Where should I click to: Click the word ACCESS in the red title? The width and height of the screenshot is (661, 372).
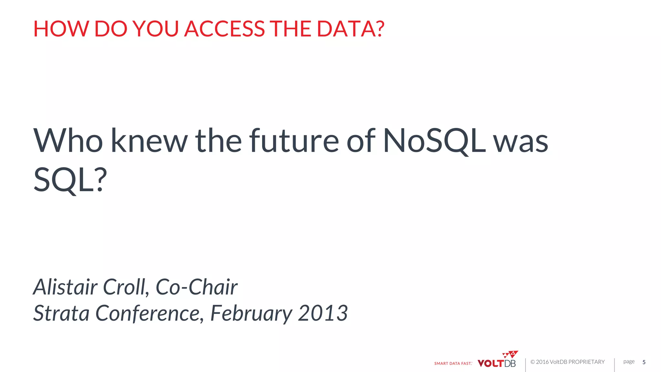tap(224, 29)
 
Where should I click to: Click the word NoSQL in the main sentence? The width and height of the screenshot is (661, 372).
tap(434, 141)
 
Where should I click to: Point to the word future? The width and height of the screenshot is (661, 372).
tap(294, 141)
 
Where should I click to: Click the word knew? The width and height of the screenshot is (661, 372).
tap(149, 141)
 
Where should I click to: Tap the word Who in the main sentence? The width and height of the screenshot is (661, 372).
tap(68, 141)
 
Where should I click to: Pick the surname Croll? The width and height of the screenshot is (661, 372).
tap(126, 287)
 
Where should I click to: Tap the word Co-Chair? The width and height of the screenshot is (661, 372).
tap(197, 287)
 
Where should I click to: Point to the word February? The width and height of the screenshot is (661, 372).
tap(251, 313)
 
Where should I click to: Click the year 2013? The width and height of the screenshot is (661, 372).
tap(323, 313)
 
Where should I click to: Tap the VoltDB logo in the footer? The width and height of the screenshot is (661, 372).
tap(497, 361)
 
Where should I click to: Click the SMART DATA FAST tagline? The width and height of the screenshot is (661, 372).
tap(453, 364)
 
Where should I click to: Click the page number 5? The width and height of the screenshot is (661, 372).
tap(644, 362)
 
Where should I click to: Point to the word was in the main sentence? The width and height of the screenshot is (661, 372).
tap(521, 141)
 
